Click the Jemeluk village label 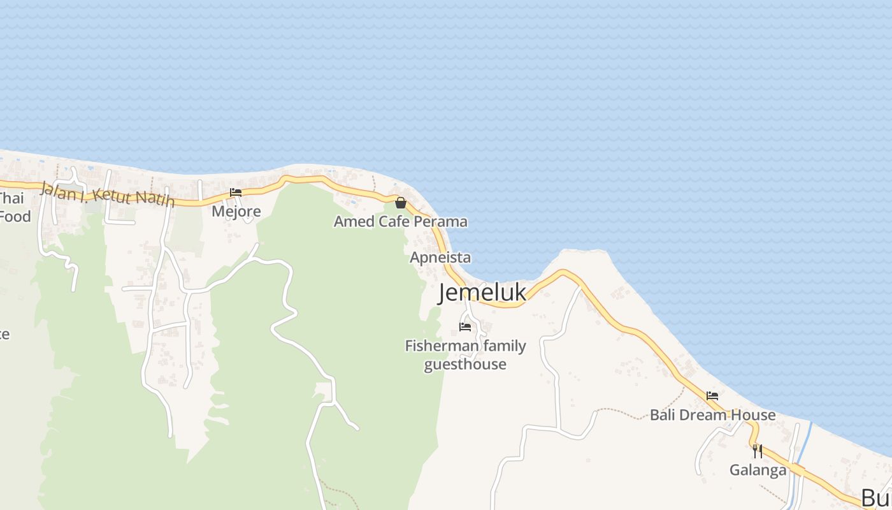482,293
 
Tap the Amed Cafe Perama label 400,222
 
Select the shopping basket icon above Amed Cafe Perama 401,203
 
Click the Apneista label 440,258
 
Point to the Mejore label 236,211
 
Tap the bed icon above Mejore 236,193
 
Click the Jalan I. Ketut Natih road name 107,194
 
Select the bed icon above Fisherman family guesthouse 465,327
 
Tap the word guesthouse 465,364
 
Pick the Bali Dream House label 712,415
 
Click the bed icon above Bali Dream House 712,396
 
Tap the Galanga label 758,470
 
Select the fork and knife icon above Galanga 758,451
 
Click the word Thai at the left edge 11,198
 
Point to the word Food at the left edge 14,217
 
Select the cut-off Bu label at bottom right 876,497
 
